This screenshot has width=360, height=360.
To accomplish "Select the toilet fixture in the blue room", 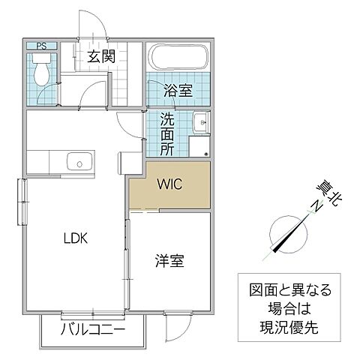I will tap(43, 73).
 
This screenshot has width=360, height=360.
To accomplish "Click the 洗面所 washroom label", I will tap(168, 133).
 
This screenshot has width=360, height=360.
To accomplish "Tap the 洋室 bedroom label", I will tap(170, 262).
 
